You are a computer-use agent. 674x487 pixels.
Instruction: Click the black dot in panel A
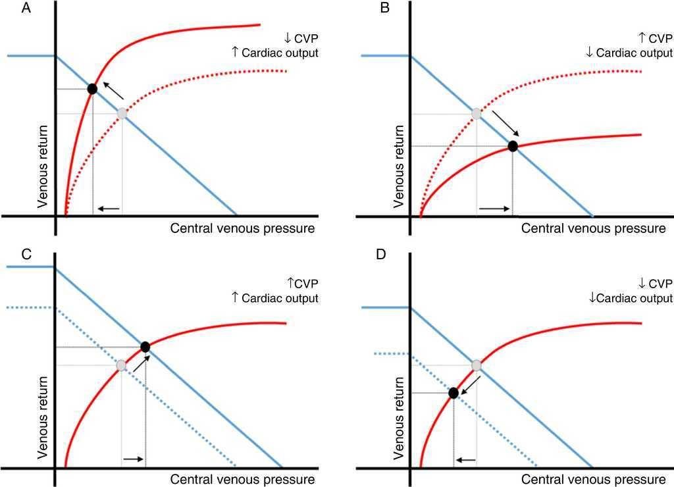(x=92, y=88)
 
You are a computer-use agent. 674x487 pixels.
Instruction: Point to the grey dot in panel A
(x=122, y=113)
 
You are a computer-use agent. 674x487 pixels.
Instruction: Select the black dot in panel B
(x=513, y=146)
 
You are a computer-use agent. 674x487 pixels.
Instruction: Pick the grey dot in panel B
(x=477, y=113)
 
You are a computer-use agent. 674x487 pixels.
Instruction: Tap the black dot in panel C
(x=145, y=346)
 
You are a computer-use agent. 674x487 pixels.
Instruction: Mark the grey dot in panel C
(x=121, y=365)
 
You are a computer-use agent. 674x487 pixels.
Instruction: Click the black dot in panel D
(x=453, y=393)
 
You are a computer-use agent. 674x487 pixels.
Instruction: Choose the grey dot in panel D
(x=477, y=365)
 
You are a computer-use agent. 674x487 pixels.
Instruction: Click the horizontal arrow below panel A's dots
(x=109, y=209)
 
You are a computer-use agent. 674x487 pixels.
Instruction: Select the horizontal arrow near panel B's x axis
(x=494, y=209)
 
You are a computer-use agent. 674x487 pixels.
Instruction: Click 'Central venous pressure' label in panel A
(x=242, y=228)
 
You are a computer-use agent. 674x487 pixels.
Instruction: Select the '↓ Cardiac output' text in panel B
(x=629, y=52)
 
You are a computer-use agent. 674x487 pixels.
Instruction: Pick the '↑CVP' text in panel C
(x=303, y=284)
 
